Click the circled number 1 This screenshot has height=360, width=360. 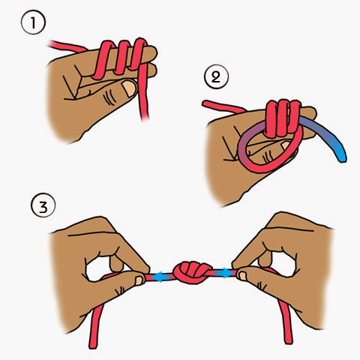click(33, 22)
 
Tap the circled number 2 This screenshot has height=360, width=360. click(216, 76)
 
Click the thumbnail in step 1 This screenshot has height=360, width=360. click(129, 88)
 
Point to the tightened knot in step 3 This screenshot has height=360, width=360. click(191, 272)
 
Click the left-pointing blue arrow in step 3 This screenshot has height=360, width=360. click(160, 277)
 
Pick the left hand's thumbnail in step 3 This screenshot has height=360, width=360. click(139, 280)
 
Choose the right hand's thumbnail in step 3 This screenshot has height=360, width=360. click(242, 276)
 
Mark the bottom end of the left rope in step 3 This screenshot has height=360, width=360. click(93, 346)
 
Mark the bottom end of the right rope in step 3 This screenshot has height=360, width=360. click(289, 341)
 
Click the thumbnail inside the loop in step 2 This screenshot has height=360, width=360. click(286, 145)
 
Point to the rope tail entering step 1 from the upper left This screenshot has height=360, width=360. click(66, 46)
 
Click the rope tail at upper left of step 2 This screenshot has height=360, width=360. click(223, 106)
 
